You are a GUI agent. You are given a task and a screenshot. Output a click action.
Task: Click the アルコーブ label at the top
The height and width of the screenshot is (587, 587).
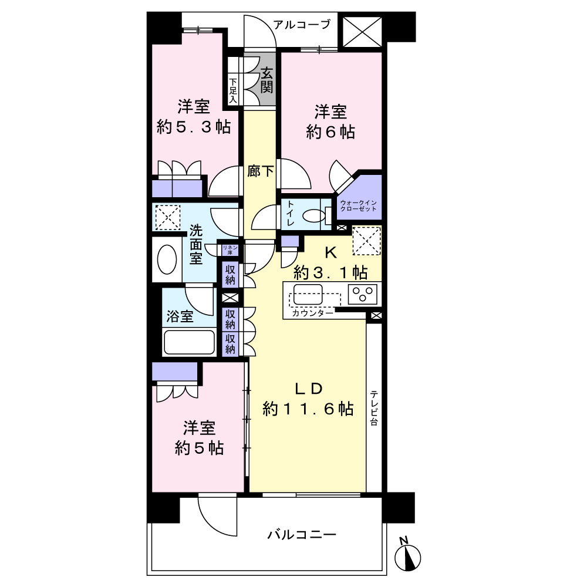(x=302, y=25)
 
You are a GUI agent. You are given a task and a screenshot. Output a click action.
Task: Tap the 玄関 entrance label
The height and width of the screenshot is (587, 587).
(x=267, y=80)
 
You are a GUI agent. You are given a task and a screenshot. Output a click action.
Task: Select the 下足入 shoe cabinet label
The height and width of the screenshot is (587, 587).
(x=233, y=90)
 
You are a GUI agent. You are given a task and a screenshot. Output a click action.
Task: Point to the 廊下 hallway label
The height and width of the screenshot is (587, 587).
(x=261, y=171)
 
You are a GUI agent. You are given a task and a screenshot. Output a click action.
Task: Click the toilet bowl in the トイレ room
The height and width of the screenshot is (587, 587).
(x=314, y=216)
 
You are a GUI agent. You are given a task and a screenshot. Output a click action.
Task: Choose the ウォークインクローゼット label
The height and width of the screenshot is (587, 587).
(x=358, y=205)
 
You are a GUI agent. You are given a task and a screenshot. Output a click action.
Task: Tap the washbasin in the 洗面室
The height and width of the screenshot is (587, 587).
(x=167, y=259)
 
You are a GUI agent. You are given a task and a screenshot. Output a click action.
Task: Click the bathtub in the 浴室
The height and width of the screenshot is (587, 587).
(x=190, y=342)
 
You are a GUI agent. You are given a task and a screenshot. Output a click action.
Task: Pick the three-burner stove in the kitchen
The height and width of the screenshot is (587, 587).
(x=362, y=294)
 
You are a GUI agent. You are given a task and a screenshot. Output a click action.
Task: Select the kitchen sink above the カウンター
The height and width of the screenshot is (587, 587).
(x=308, y=295)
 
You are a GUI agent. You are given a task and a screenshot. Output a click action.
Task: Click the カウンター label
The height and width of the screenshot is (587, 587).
(x=312, y=313)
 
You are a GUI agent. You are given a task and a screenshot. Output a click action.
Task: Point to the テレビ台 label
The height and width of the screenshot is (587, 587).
(x=374, y=408)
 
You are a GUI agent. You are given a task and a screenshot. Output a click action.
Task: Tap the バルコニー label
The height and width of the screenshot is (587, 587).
(x=302, y=534)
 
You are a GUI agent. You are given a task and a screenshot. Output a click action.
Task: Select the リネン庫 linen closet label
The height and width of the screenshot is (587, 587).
(x=230, y=250)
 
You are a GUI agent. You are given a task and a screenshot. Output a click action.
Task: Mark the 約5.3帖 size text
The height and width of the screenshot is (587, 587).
(x=194, y=127)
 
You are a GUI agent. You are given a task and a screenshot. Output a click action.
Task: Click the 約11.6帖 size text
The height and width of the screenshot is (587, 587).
(x=308, y=409)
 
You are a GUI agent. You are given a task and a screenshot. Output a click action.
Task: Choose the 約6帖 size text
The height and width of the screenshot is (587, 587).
(x=330, y=132)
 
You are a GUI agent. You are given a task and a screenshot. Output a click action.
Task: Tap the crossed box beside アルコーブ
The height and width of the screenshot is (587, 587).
(x=362, y=32)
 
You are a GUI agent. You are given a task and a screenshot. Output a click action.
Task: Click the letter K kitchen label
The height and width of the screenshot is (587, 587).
(x=330, y=253)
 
